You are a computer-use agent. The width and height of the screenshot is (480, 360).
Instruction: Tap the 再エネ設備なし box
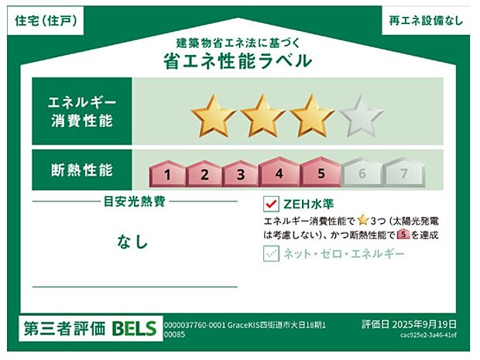pos(427,21)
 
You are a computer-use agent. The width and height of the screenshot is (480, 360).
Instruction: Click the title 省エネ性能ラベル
pos(238,61)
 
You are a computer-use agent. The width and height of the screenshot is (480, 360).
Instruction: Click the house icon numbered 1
pos(167,173)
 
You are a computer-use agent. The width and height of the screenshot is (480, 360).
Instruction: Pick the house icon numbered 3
pos(242,173)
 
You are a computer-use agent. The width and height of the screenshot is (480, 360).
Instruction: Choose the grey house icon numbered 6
pos(361,173)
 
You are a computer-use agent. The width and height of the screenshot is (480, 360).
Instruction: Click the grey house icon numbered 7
pos(403,173)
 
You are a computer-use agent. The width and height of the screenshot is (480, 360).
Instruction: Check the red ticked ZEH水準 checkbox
pos(271,204)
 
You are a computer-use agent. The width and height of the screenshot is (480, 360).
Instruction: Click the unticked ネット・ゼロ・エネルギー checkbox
pos(271,253)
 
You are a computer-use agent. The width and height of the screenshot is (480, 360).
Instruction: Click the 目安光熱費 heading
pos(135,201)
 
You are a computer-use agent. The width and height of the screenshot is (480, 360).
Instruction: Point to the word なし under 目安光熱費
pos(133,242)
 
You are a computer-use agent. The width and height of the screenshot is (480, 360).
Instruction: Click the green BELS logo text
pos(134,328)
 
